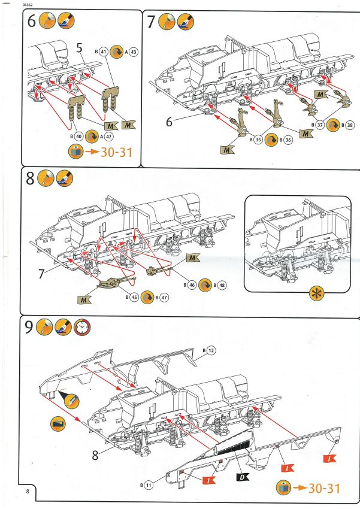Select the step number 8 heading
30,178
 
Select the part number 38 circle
348,125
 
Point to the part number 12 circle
211,349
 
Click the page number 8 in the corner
28,492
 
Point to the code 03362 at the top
28,5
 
